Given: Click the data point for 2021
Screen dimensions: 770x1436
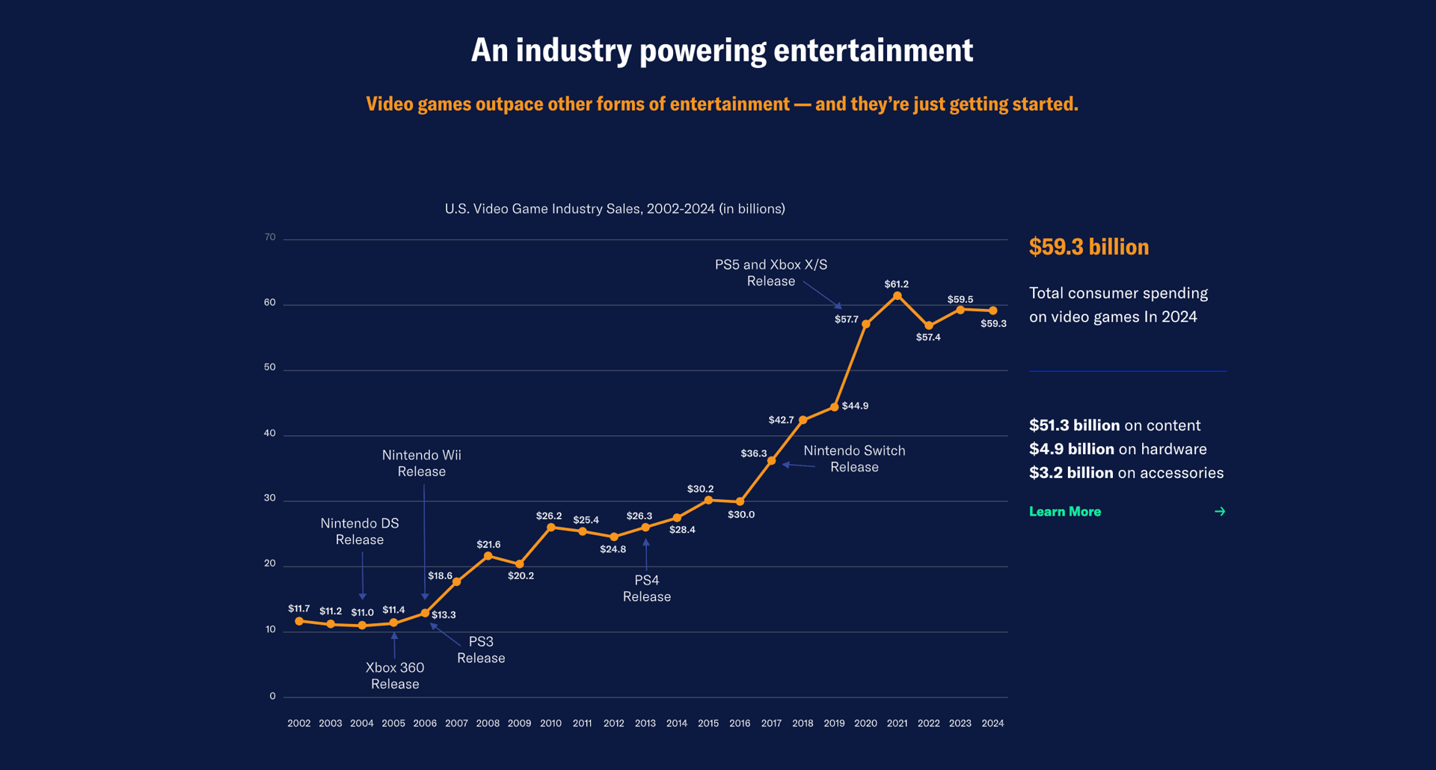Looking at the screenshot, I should [897, 296].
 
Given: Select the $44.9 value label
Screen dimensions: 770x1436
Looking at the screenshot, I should [855, 406].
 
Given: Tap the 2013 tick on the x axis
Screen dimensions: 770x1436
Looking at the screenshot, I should [645, 723].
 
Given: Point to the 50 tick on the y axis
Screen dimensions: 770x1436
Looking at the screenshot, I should [270, 367].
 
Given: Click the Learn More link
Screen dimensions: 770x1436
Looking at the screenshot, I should [1064, 512].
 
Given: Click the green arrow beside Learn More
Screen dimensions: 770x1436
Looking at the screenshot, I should [1219, 512].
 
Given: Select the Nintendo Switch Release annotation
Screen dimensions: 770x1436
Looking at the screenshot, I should [854, 459].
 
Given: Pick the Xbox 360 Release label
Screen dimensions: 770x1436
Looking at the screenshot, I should [395, 675].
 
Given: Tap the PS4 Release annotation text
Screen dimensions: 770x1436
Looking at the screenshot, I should [646, 588].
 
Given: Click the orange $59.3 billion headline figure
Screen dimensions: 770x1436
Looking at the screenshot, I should [1088, 247].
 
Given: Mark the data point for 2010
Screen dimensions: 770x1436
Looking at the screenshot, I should [551, 528].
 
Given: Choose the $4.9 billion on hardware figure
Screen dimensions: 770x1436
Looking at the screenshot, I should [1117, 449].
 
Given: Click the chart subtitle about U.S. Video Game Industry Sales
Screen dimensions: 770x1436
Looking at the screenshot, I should [615, 209].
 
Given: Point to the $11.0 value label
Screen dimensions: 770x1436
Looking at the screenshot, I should [362, 612].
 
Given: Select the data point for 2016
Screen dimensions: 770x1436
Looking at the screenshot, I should [740, 501].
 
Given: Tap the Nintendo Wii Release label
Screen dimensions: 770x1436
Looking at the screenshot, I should [421, 463].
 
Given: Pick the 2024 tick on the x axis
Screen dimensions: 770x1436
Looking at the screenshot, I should [992, 723].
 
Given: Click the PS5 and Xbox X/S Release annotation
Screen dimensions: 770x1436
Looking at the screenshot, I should [770, 272].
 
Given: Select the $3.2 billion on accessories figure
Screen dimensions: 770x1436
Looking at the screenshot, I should [1126, 473].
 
